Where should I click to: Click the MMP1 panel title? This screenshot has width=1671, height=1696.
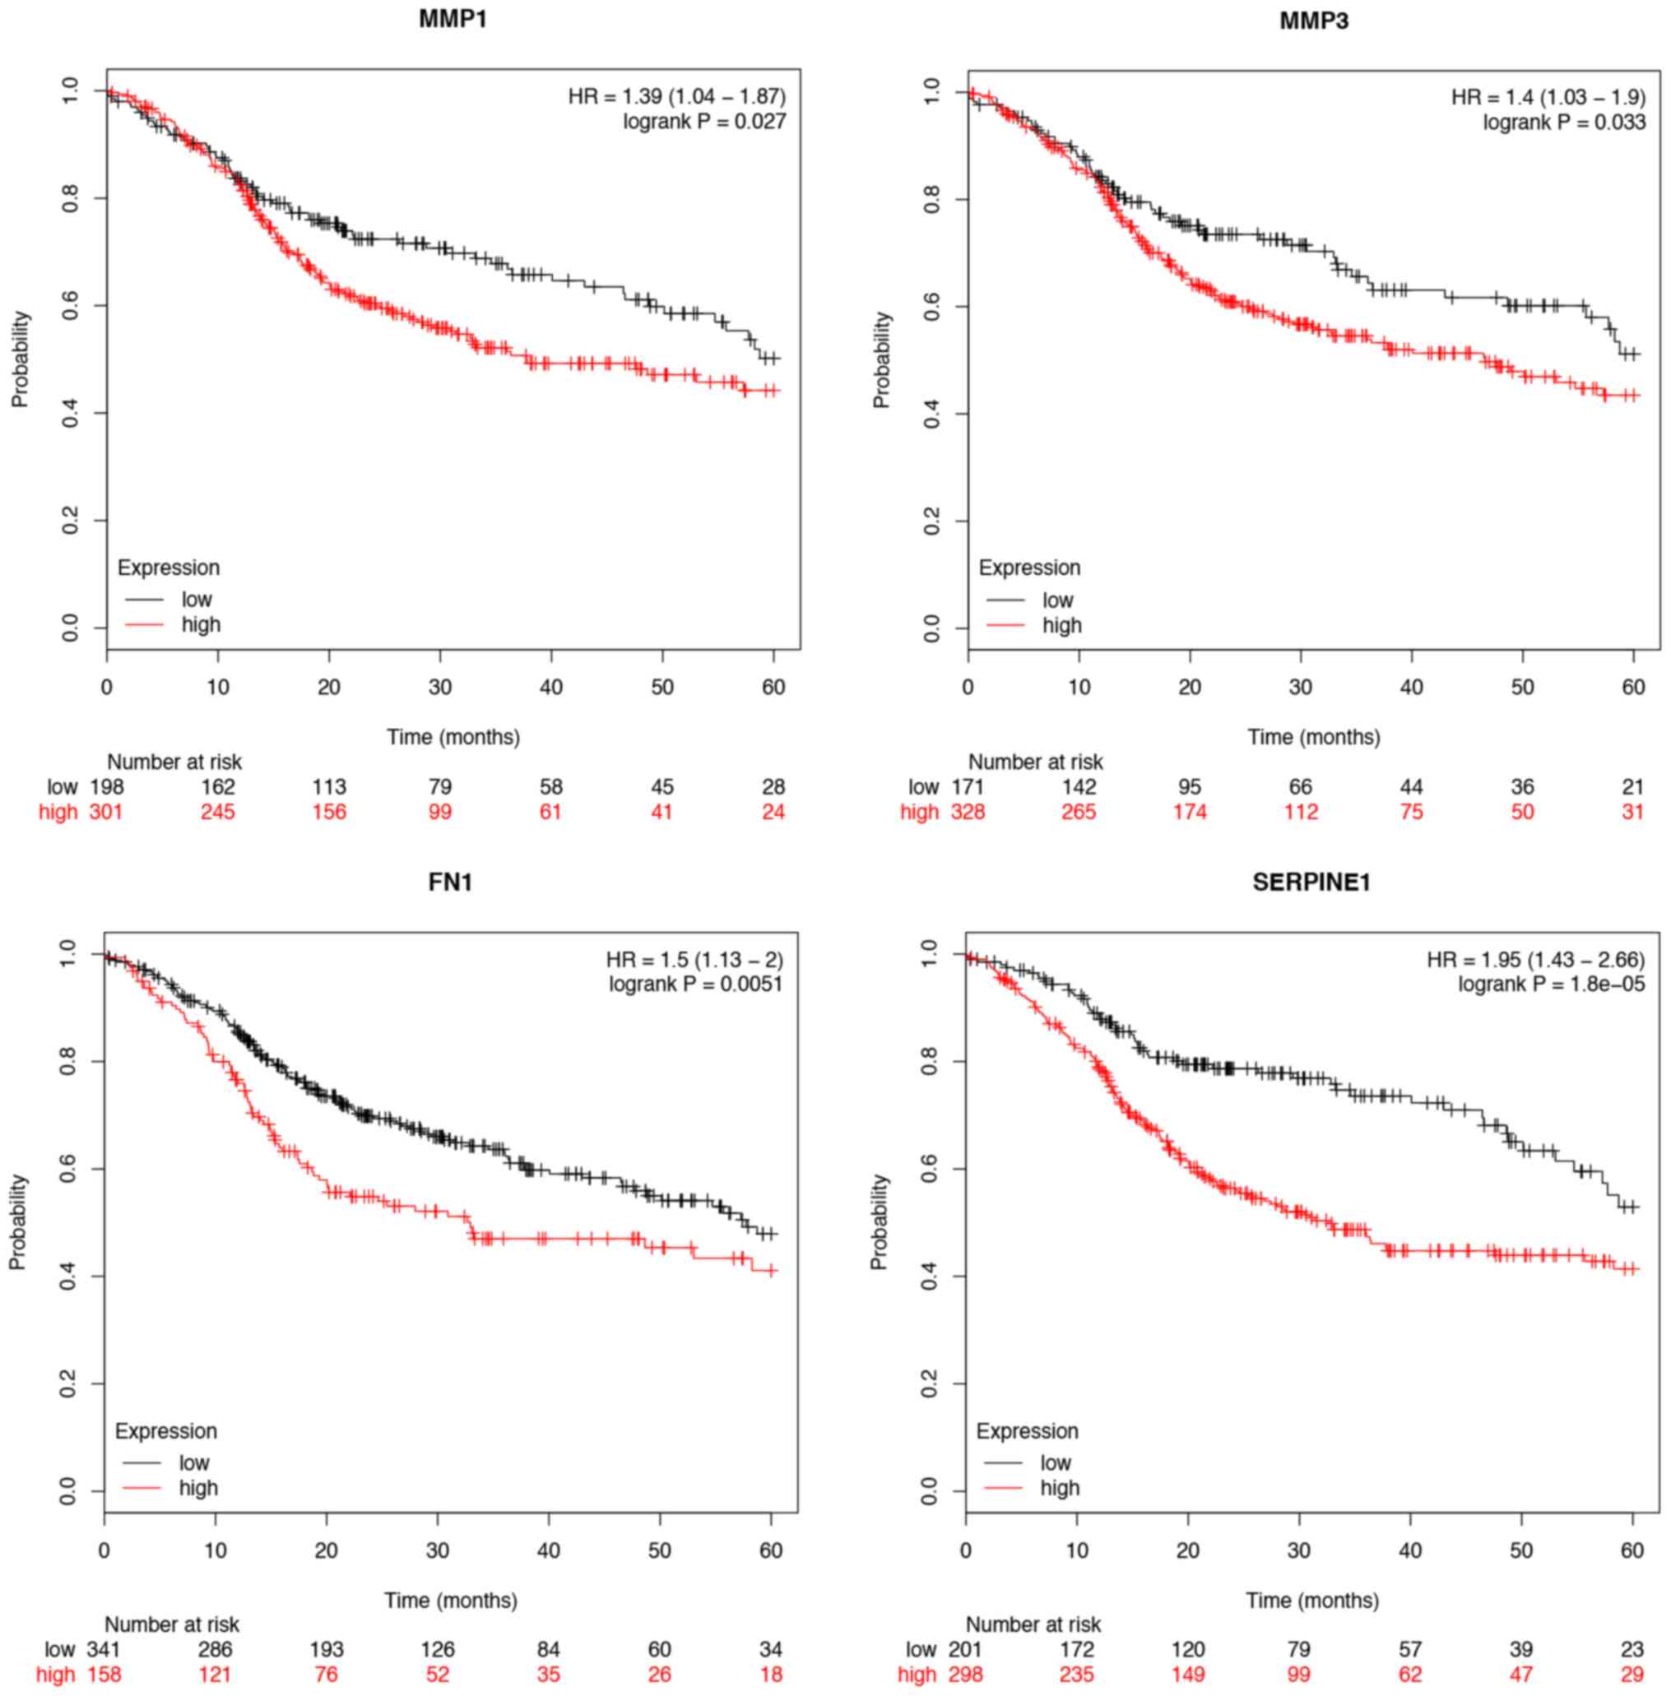coord(452,19)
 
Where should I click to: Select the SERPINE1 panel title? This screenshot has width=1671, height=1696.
coord(1311,882)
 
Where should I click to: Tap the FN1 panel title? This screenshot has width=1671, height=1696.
coord(450,882)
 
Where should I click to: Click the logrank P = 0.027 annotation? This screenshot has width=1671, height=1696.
coord(705,122)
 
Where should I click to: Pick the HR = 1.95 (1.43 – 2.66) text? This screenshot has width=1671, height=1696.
coord(1535,959)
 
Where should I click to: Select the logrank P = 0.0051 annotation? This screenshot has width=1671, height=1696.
coord(695,985)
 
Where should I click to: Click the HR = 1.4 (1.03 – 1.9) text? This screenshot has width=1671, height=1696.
coord(1548,96)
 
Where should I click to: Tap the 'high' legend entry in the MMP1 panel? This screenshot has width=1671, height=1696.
coord(201,625)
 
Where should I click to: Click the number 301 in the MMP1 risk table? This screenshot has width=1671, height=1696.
coord(106,812)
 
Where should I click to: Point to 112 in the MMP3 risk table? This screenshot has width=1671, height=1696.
coord(1301,812)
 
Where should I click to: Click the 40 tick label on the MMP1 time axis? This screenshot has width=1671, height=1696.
coord(551,687)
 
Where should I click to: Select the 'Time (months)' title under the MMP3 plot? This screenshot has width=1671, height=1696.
coord(1314,737)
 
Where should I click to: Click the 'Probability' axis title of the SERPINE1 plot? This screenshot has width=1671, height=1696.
coord(879,1222)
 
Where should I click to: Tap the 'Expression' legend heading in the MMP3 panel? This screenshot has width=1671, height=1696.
coord(1029,568)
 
